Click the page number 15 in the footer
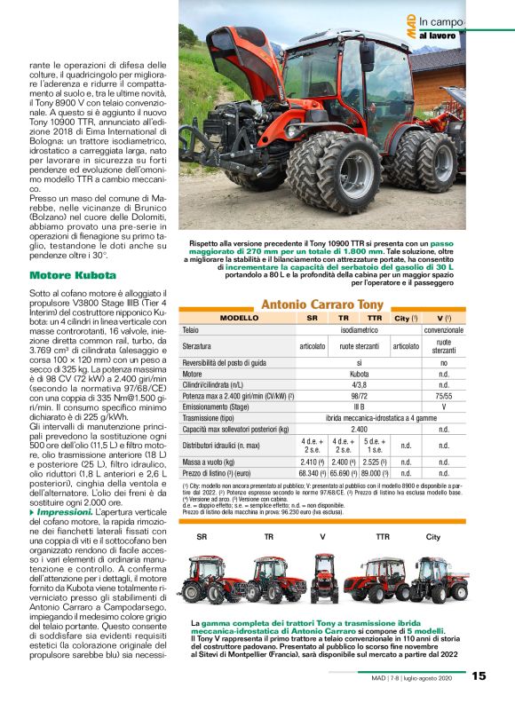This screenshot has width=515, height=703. pyautogui.click(x=479, y=676)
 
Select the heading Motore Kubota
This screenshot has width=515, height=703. pyautogui.click(x=66, y=276)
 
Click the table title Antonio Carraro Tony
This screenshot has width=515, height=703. pyautogui.click(x=321, y=305)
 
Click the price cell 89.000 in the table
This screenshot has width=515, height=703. pyautogui.click(x=374, y=473)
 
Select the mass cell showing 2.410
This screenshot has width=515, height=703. pyautogui.click(x=312, y=462)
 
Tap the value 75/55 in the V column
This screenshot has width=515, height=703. pyautogui.click(x=443, y=395)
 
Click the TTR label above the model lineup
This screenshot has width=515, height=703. pyautogui.click(x=383, y=537)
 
